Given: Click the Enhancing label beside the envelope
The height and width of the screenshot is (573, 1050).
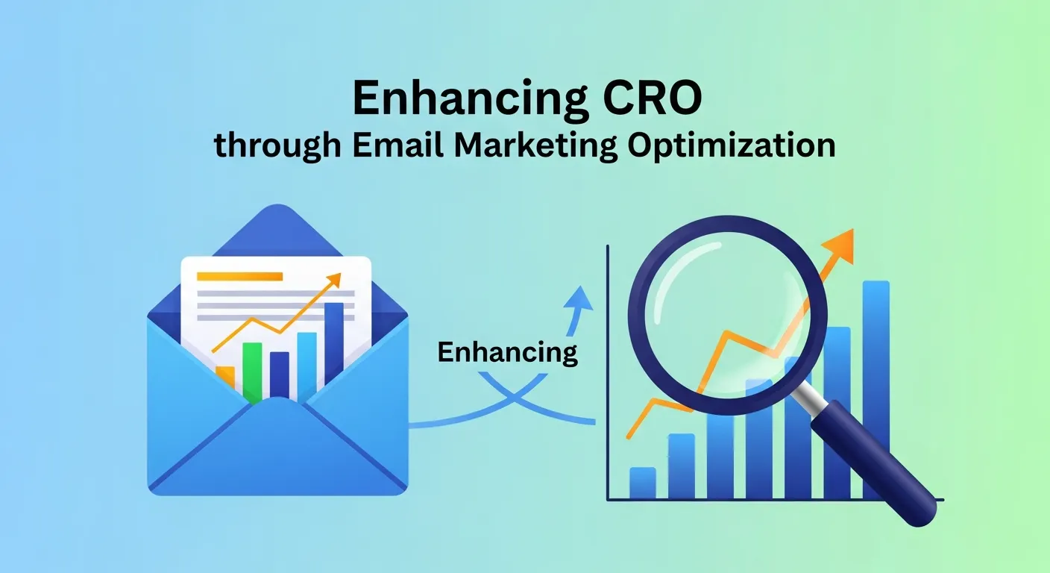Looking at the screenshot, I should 507,352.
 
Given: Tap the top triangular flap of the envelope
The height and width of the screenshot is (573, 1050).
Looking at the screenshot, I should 277,228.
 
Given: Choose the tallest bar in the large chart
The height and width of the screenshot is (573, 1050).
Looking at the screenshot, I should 875,388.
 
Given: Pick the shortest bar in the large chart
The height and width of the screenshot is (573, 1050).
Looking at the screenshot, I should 642,483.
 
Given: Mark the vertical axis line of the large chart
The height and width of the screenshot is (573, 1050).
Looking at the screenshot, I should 608,373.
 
